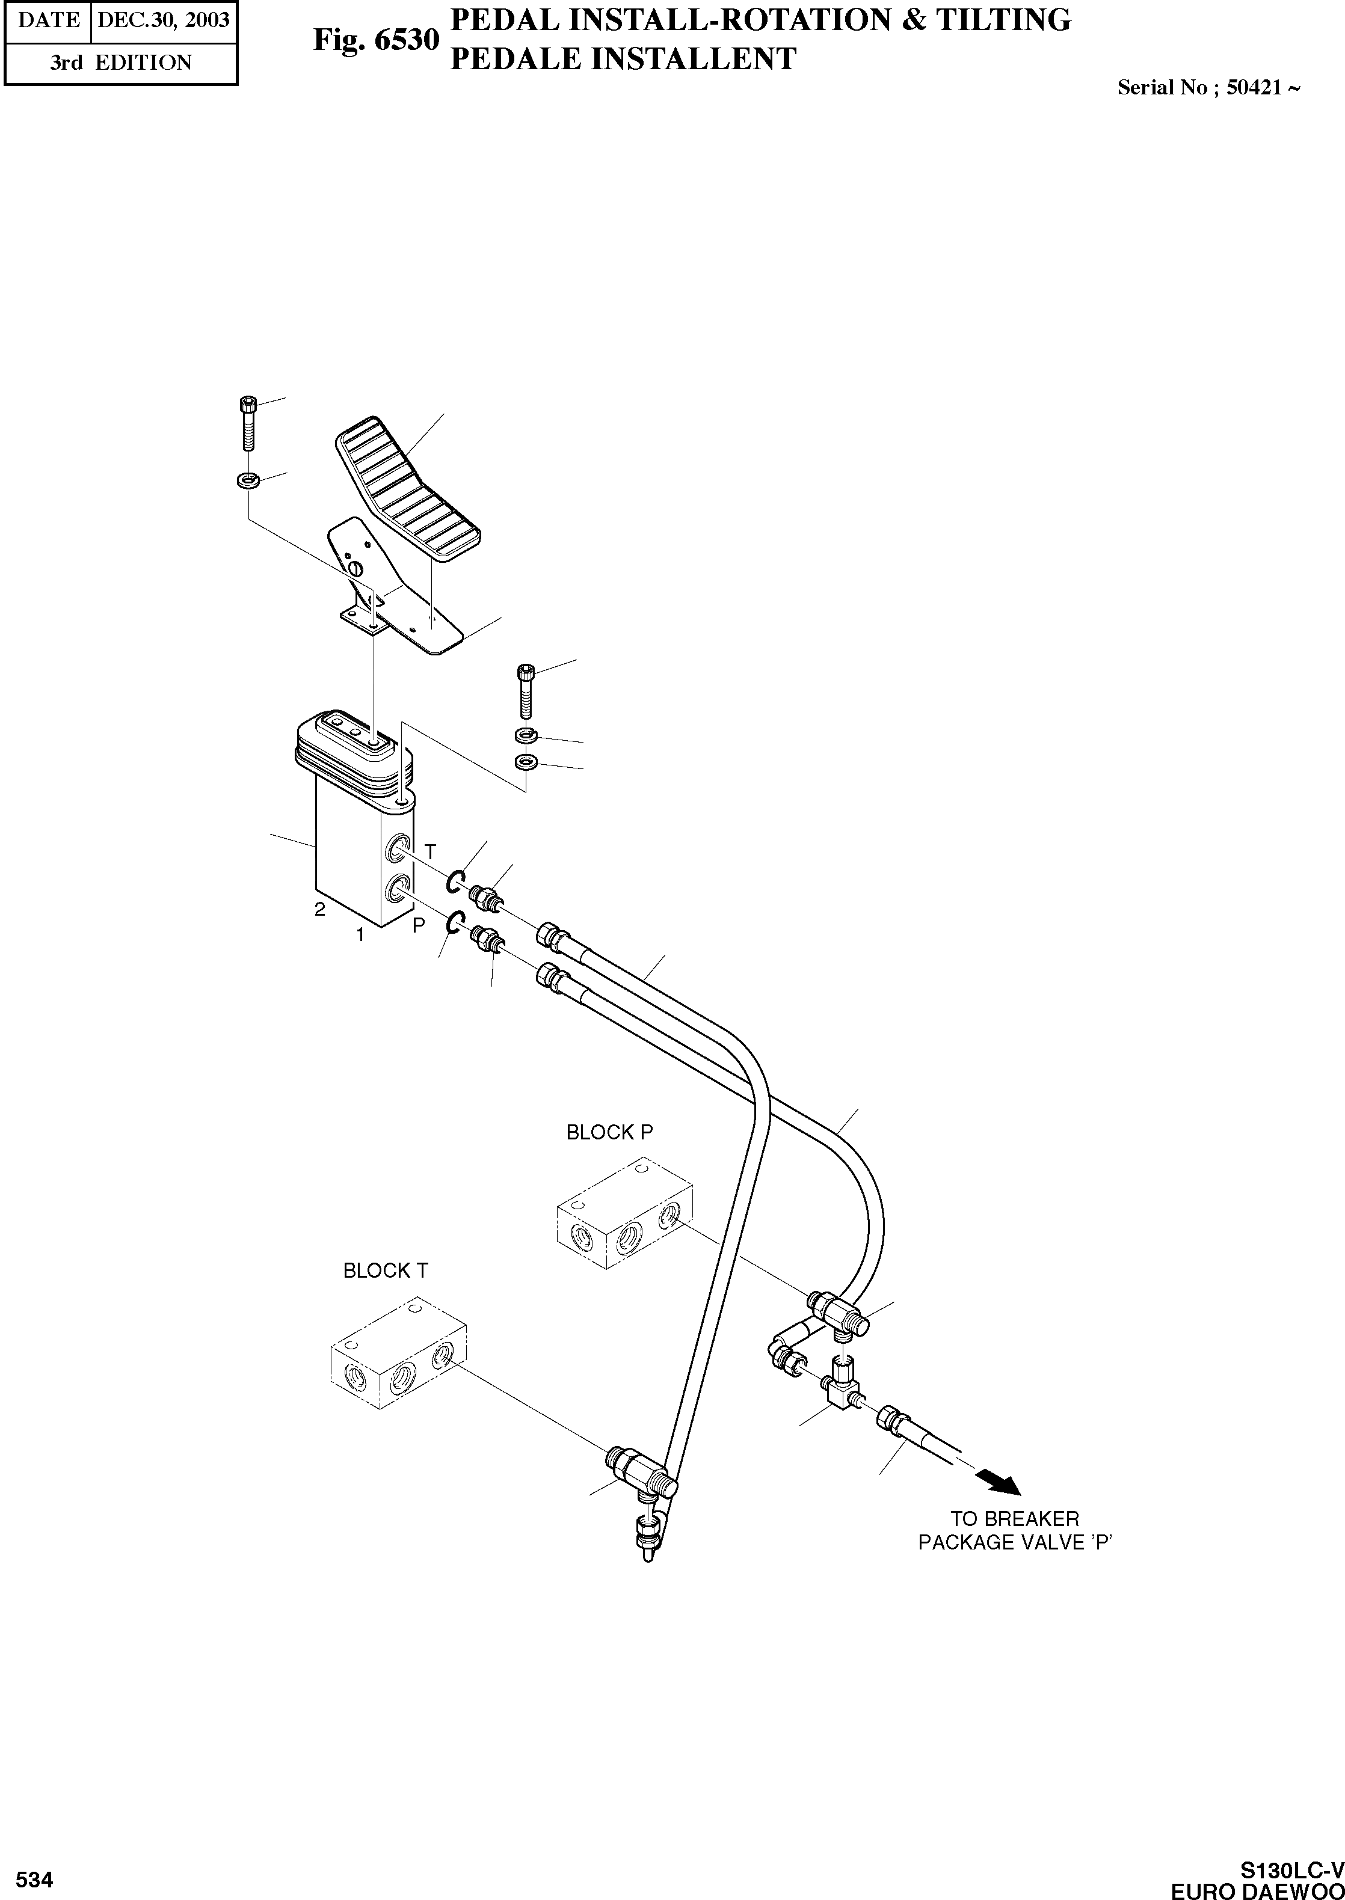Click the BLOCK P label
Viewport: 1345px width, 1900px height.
click(609, 1133)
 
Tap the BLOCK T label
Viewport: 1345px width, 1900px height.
click(385, 1271)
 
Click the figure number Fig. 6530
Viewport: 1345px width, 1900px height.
click(375, 39)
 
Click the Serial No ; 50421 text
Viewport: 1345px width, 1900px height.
click(1207, 88)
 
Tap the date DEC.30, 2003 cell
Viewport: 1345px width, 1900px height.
click(163, 20)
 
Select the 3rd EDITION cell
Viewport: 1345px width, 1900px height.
click(120, 63)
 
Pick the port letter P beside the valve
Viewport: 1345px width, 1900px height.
click(419, 925)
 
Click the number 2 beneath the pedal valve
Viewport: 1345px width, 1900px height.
click(319, 909)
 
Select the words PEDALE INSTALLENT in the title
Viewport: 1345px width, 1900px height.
click(622, 60)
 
